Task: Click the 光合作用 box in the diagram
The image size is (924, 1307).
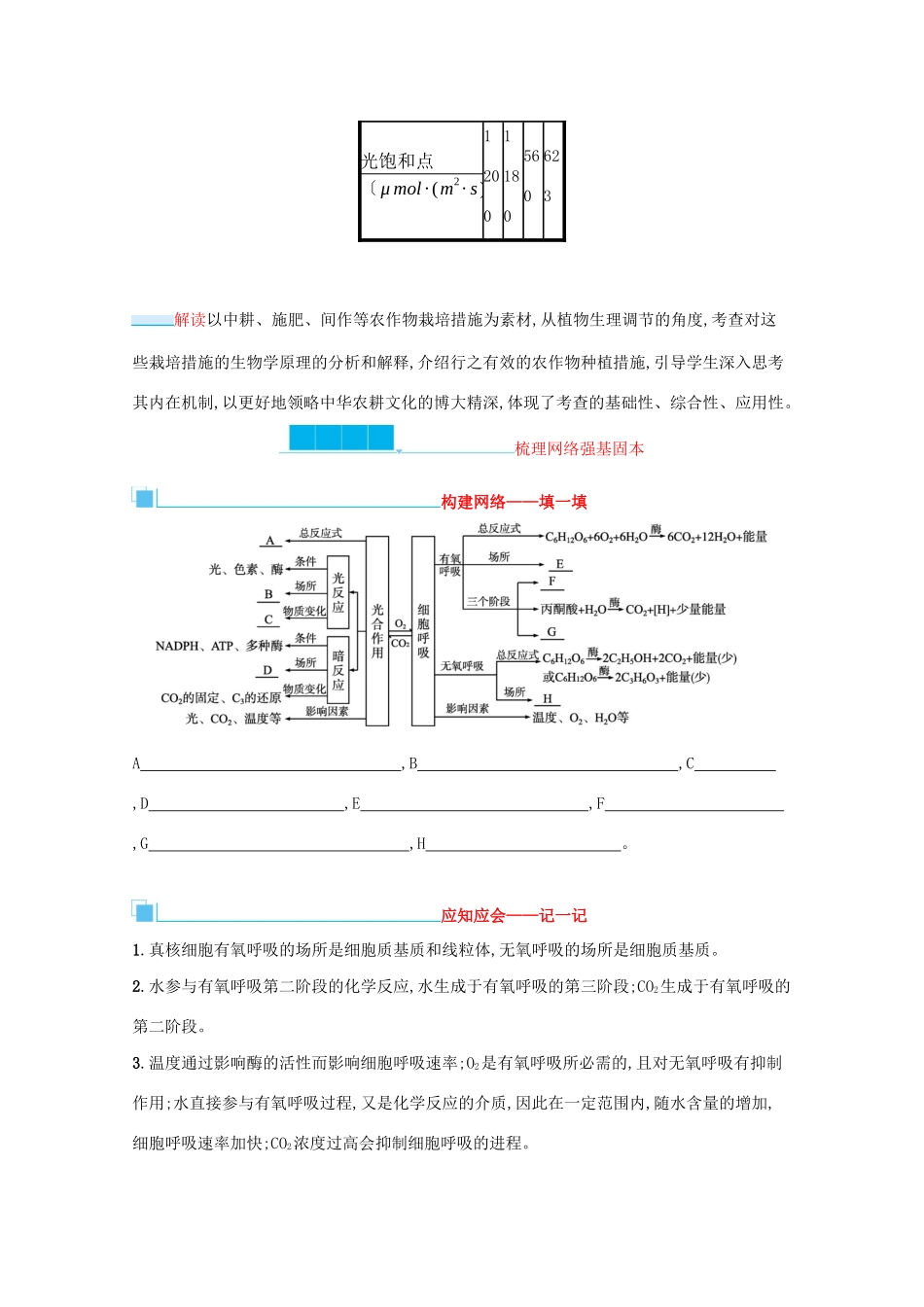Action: tap(377, 631)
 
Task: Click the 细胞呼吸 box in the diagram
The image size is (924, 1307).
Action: tap(423, 631)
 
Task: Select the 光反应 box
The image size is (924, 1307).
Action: tap(338, 591)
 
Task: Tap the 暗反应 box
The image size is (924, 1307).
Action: tap(338, 669)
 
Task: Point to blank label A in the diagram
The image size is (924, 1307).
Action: tap(269, 541)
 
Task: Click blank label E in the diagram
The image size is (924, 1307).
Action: tap(559, 564)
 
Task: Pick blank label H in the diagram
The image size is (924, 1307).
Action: tap(548, 698)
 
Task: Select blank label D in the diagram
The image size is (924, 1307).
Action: tap(267, 670)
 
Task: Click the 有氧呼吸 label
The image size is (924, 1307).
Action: tap(449, 565)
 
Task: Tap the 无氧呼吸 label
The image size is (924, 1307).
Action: tap(462, 666)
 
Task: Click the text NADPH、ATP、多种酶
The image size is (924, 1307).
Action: tap(219, 646)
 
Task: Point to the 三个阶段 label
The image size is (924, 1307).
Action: tap(487, 602)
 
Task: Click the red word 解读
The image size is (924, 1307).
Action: tap(191, 320)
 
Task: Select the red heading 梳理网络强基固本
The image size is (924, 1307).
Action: tap(579, 448)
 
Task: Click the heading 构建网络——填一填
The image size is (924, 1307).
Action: tap(514, 502)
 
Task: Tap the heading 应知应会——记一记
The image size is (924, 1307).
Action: tap(514, 915)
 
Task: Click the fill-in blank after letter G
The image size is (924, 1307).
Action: tap(280, 844)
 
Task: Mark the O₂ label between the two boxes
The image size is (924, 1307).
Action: tap(400, 624)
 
